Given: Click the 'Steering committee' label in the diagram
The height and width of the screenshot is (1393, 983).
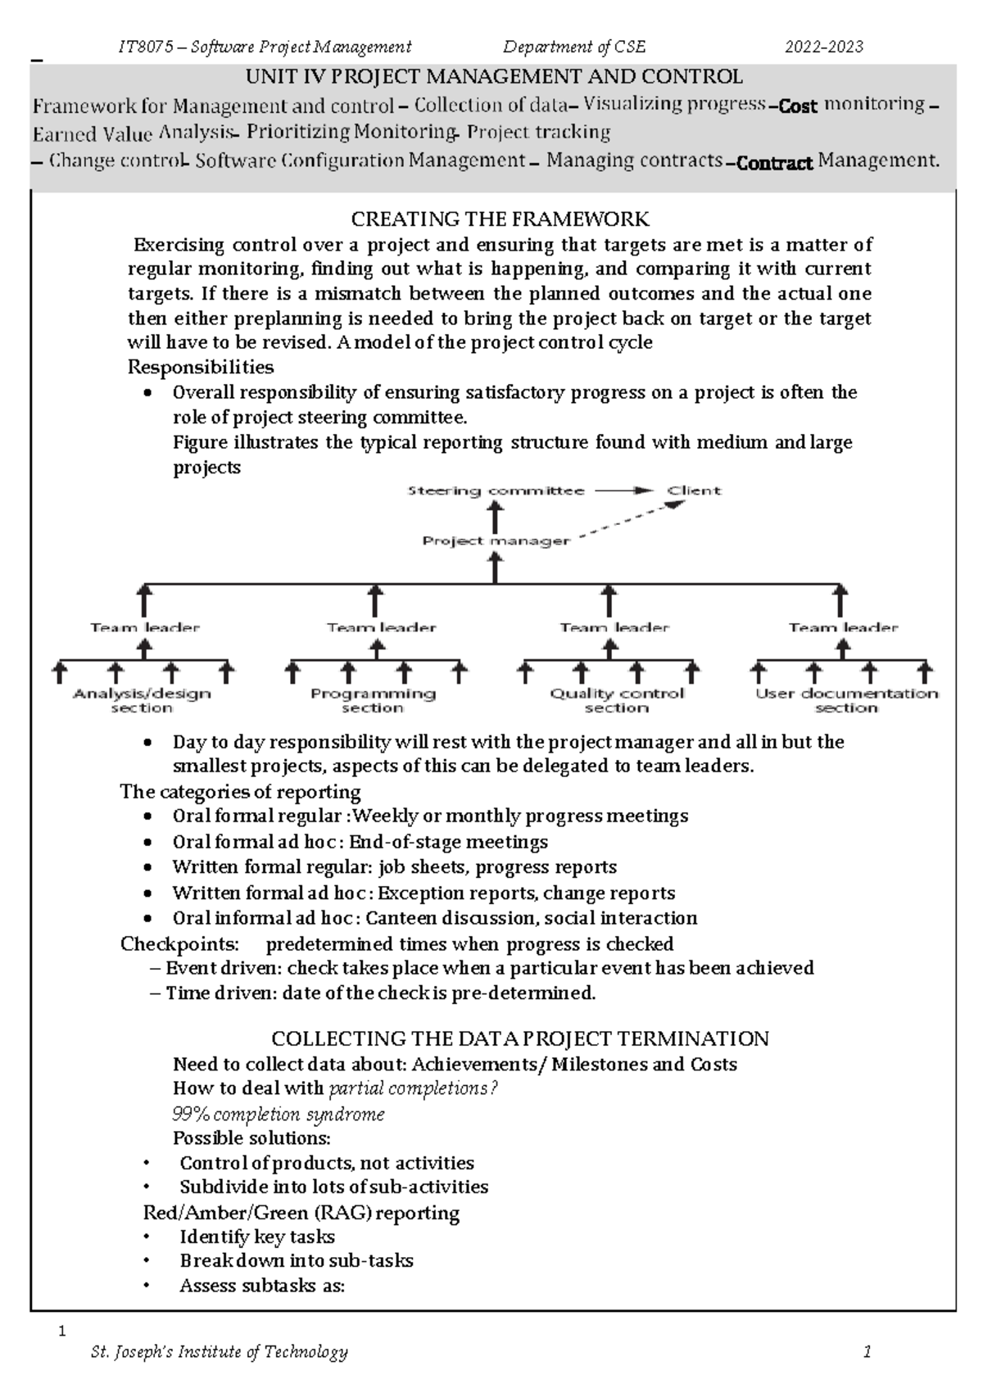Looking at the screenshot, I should click(496, 491).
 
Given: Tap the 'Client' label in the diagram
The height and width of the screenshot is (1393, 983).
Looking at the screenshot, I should click(693, 491).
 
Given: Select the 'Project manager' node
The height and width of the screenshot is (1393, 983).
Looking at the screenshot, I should click(496, 540).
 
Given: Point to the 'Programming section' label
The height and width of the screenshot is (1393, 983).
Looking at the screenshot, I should click(373, 700).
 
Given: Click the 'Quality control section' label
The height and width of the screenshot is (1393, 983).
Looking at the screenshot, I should click(616, 700).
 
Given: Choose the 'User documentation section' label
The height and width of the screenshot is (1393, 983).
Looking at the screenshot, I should click(846, 700).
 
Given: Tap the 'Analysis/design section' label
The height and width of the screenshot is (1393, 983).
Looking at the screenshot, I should click(142, 700).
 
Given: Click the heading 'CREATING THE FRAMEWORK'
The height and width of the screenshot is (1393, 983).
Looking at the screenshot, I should click(500, 219).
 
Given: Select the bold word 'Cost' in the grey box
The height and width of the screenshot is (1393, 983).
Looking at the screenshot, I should click(798, 106).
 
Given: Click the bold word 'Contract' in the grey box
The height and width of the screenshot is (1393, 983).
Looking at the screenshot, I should click(774, 163).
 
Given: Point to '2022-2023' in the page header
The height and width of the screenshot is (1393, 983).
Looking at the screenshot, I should click(824, 47).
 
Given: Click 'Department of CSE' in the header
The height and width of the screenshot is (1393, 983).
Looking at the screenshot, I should click(574, 47).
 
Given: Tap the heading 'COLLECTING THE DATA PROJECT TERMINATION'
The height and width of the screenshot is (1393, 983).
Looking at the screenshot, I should click(519, 1039).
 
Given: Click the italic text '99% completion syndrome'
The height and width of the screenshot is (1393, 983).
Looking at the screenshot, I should click(279, 1115).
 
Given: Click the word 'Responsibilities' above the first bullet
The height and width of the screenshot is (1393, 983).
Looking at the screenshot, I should click(201, 367).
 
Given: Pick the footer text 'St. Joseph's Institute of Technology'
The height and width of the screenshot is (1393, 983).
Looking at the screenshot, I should click(220, 1352).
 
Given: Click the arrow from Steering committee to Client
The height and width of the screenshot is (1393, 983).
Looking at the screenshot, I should click(624, 491).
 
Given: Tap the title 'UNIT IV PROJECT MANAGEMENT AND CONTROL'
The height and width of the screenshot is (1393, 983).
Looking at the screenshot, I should click(495, 78).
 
